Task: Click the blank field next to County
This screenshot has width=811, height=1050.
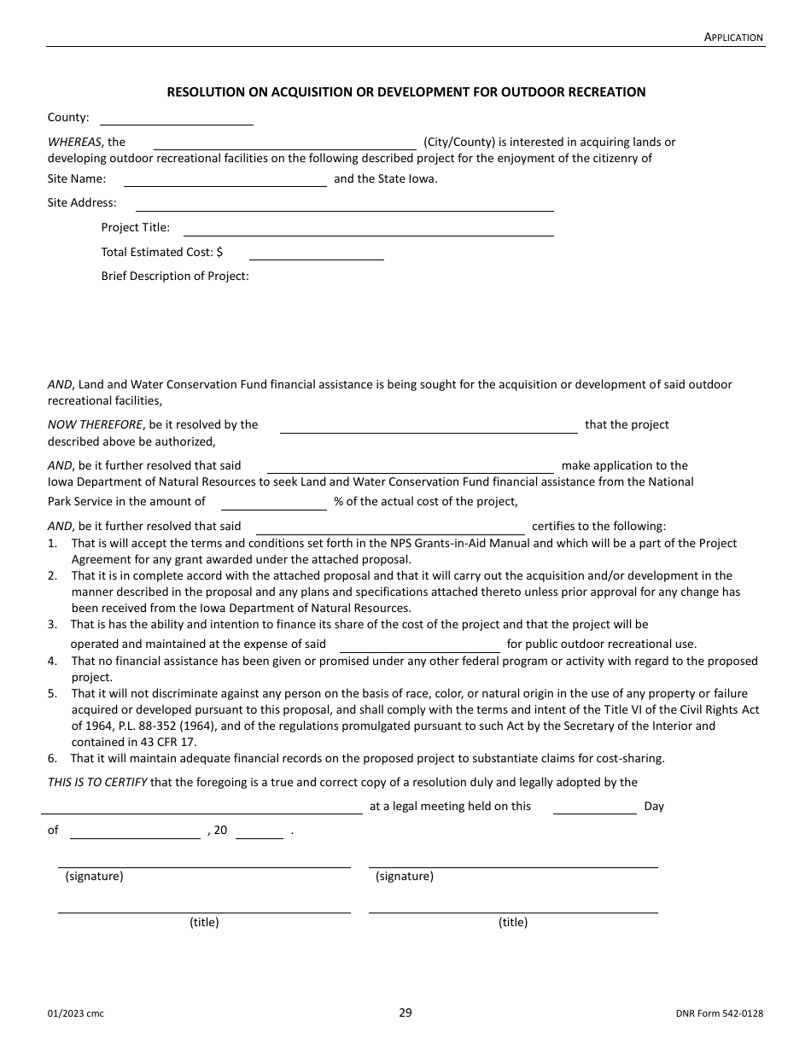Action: (x=177, y=119)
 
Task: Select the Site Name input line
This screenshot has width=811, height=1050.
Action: (x=225, y=179)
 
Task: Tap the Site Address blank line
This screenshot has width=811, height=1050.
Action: (x=344, y=204)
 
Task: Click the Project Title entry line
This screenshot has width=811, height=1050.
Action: (x=368, y=229)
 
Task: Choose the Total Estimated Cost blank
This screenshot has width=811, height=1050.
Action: (x=316, y=253)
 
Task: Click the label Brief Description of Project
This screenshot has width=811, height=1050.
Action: (x=175, y=277)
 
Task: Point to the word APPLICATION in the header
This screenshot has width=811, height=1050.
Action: (x=734, y=37)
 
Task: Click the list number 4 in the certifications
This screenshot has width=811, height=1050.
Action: (x=52, y=662)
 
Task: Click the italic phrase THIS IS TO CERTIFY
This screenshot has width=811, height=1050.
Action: (x=96, y=782)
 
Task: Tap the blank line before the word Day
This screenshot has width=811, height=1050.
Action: (x=594, y=808)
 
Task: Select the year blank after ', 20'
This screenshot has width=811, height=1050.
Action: (x=259, y=831)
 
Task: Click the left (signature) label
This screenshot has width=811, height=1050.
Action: (x=94, y=877)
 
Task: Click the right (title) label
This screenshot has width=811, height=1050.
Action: (x=513, y=923)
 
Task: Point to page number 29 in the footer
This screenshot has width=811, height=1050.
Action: (x=405, y=1013)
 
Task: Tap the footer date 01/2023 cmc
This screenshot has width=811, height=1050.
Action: (x=76, y=1014)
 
